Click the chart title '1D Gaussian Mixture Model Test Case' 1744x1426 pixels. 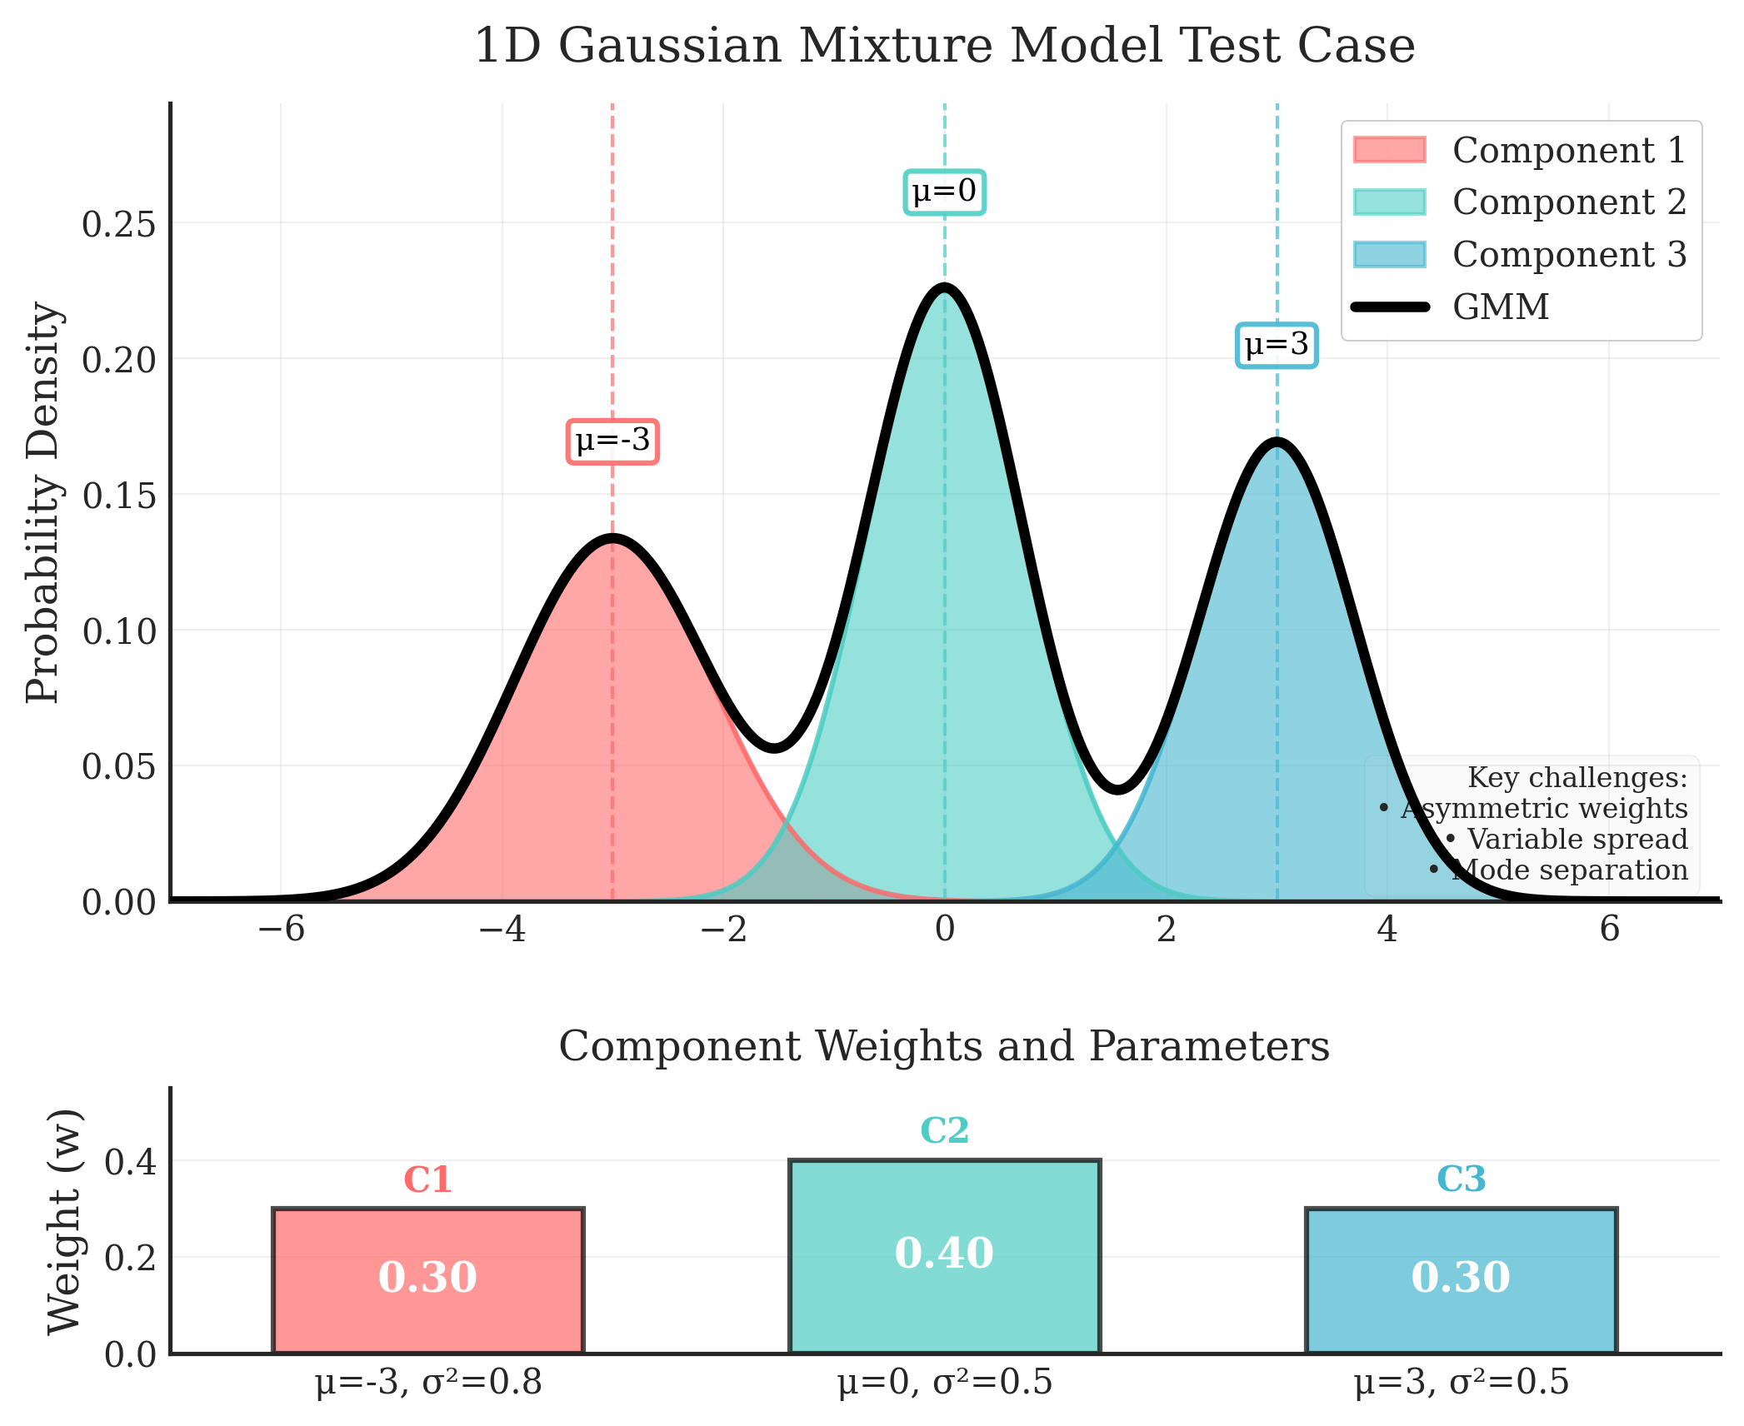[944, 46]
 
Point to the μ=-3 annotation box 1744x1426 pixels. [612, 441]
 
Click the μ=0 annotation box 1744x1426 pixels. [944, 192]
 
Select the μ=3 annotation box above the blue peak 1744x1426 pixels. [1276, 345]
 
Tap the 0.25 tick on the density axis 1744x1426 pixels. [118, 224]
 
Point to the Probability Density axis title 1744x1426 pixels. [43, 502]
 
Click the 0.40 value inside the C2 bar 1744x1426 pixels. [944, 1254]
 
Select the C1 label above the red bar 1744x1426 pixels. [427, 1180]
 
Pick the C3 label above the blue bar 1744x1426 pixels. [1461, 1179]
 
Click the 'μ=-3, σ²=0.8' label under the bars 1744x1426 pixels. [428, 1384]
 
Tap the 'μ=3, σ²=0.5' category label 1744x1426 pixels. [1461, 1384]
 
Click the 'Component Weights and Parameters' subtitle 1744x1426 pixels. [944, 1046]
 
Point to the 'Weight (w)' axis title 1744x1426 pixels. [65, 1222]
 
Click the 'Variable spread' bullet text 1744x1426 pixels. [1576, 839]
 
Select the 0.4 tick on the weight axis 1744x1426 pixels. [130, 1161]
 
